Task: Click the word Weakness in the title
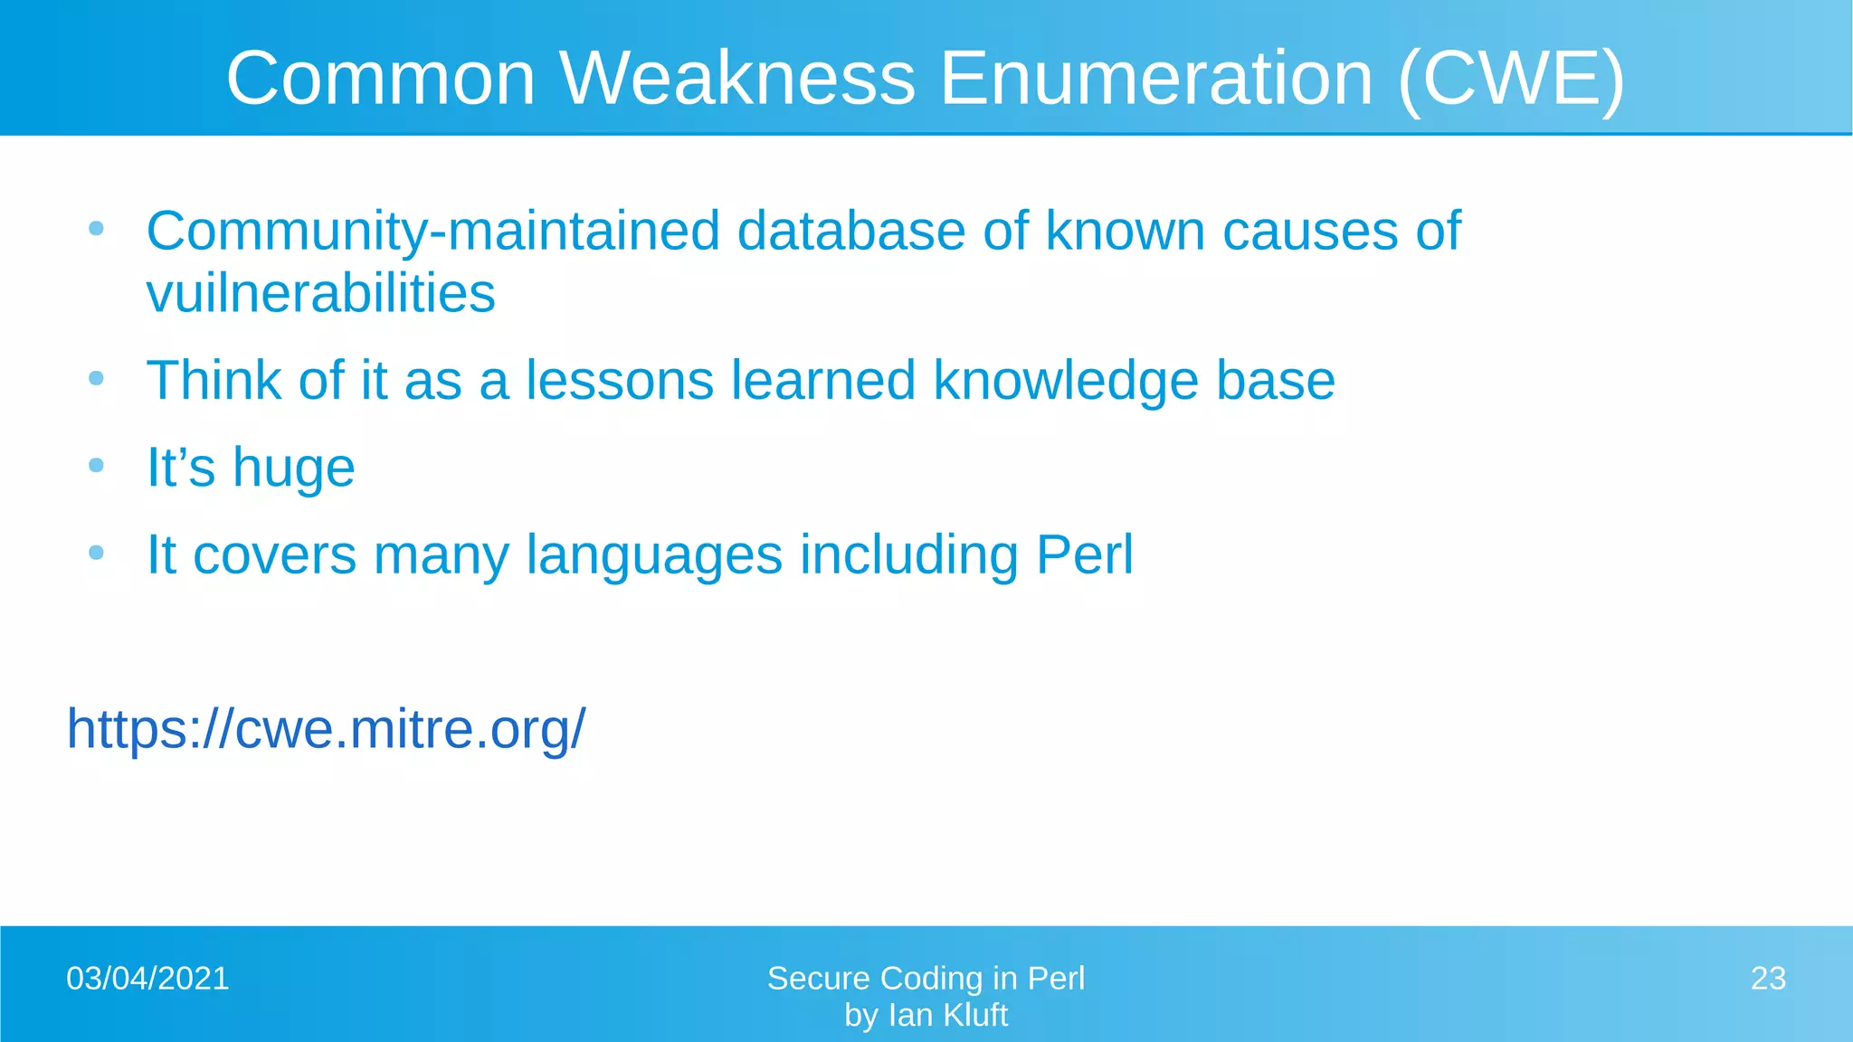tap(737, 79)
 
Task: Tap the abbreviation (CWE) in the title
tap(1511, 79)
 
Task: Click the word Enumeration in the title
tap(1156, 79)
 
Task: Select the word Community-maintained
tap(432, 232)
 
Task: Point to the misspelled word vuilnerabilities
tap(321, 294)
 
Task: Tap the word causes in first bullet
tap(1309, 232)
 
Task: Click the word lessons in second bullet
tap(620, 380)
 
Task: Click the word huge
tap(293, 469)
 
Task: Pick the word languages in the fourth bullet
tap(653, 554)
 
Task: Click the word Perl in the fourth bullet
tap(1084, 554)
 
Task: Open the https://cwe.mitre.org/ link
tap(326, 729)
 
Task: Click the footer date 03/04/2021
tap(147, 979)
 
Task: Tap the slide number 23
tap(1768, 979)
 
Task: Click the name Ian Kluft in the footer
tap(947, 1016)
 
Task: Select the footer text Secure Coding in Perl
tap(926, 979)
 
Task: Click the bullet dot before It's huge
tap(97, 466)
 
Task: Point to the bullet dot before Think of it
tap(97, 378)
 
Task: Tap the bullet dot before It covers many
tap(97, 553)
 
